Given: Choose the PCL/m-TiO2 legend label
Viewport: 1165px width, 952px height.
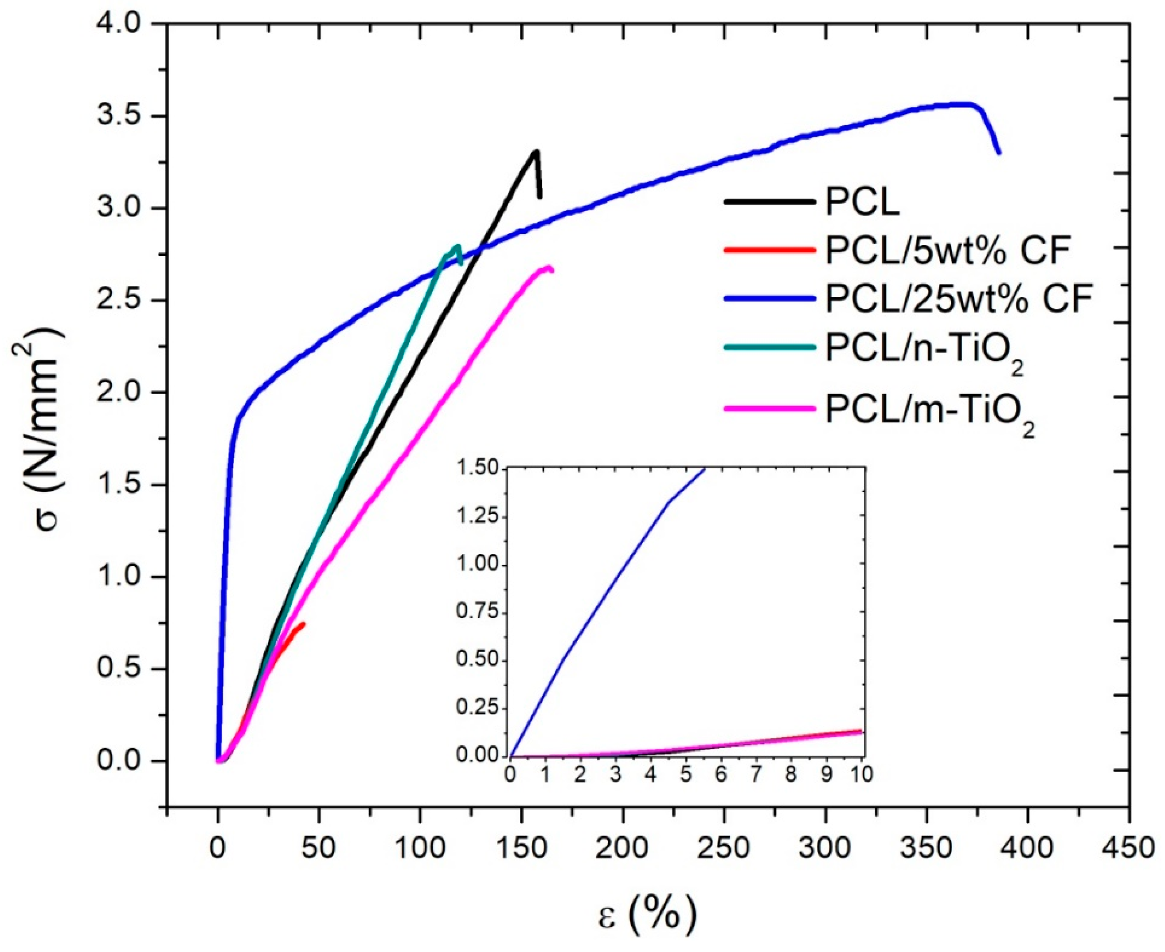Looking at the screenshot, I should point(930,411).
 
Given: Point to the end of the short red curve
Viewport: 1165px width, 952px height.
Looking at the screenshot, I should point(303,623).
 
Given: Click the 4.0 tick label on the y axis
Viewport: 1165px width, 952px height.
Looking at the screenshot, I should point(118,24).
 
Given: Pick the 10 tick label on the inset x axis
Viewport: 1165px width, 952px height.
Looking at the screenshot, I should point(862,774).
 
